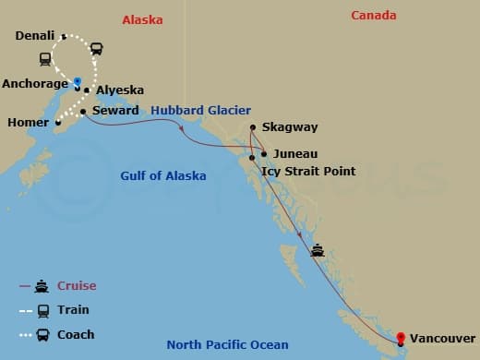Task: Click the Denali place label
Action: (36, 37)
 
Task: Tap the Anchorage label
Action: (35, 83)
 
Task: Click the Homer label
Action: (28, 122)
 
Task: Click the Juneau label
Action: (294, 154)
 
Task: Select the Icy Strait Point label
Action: (306, 171)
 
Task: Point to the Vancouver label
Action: (442, 339)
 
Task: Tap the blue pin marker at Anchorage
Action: (78, 81)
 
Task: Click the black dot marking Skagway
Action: (253, 127)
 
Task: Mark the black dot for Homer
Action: (57, 122)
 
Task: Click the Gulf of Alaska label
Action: (163, 175)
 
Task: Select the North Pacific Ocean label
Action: (234, 345)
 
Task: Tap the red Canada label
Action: (374, 15)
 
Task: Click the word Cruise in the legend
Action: (76, 286)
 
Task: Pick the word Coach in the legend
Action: (75, 334)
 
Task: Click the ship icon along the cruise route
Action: (318, 248)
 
